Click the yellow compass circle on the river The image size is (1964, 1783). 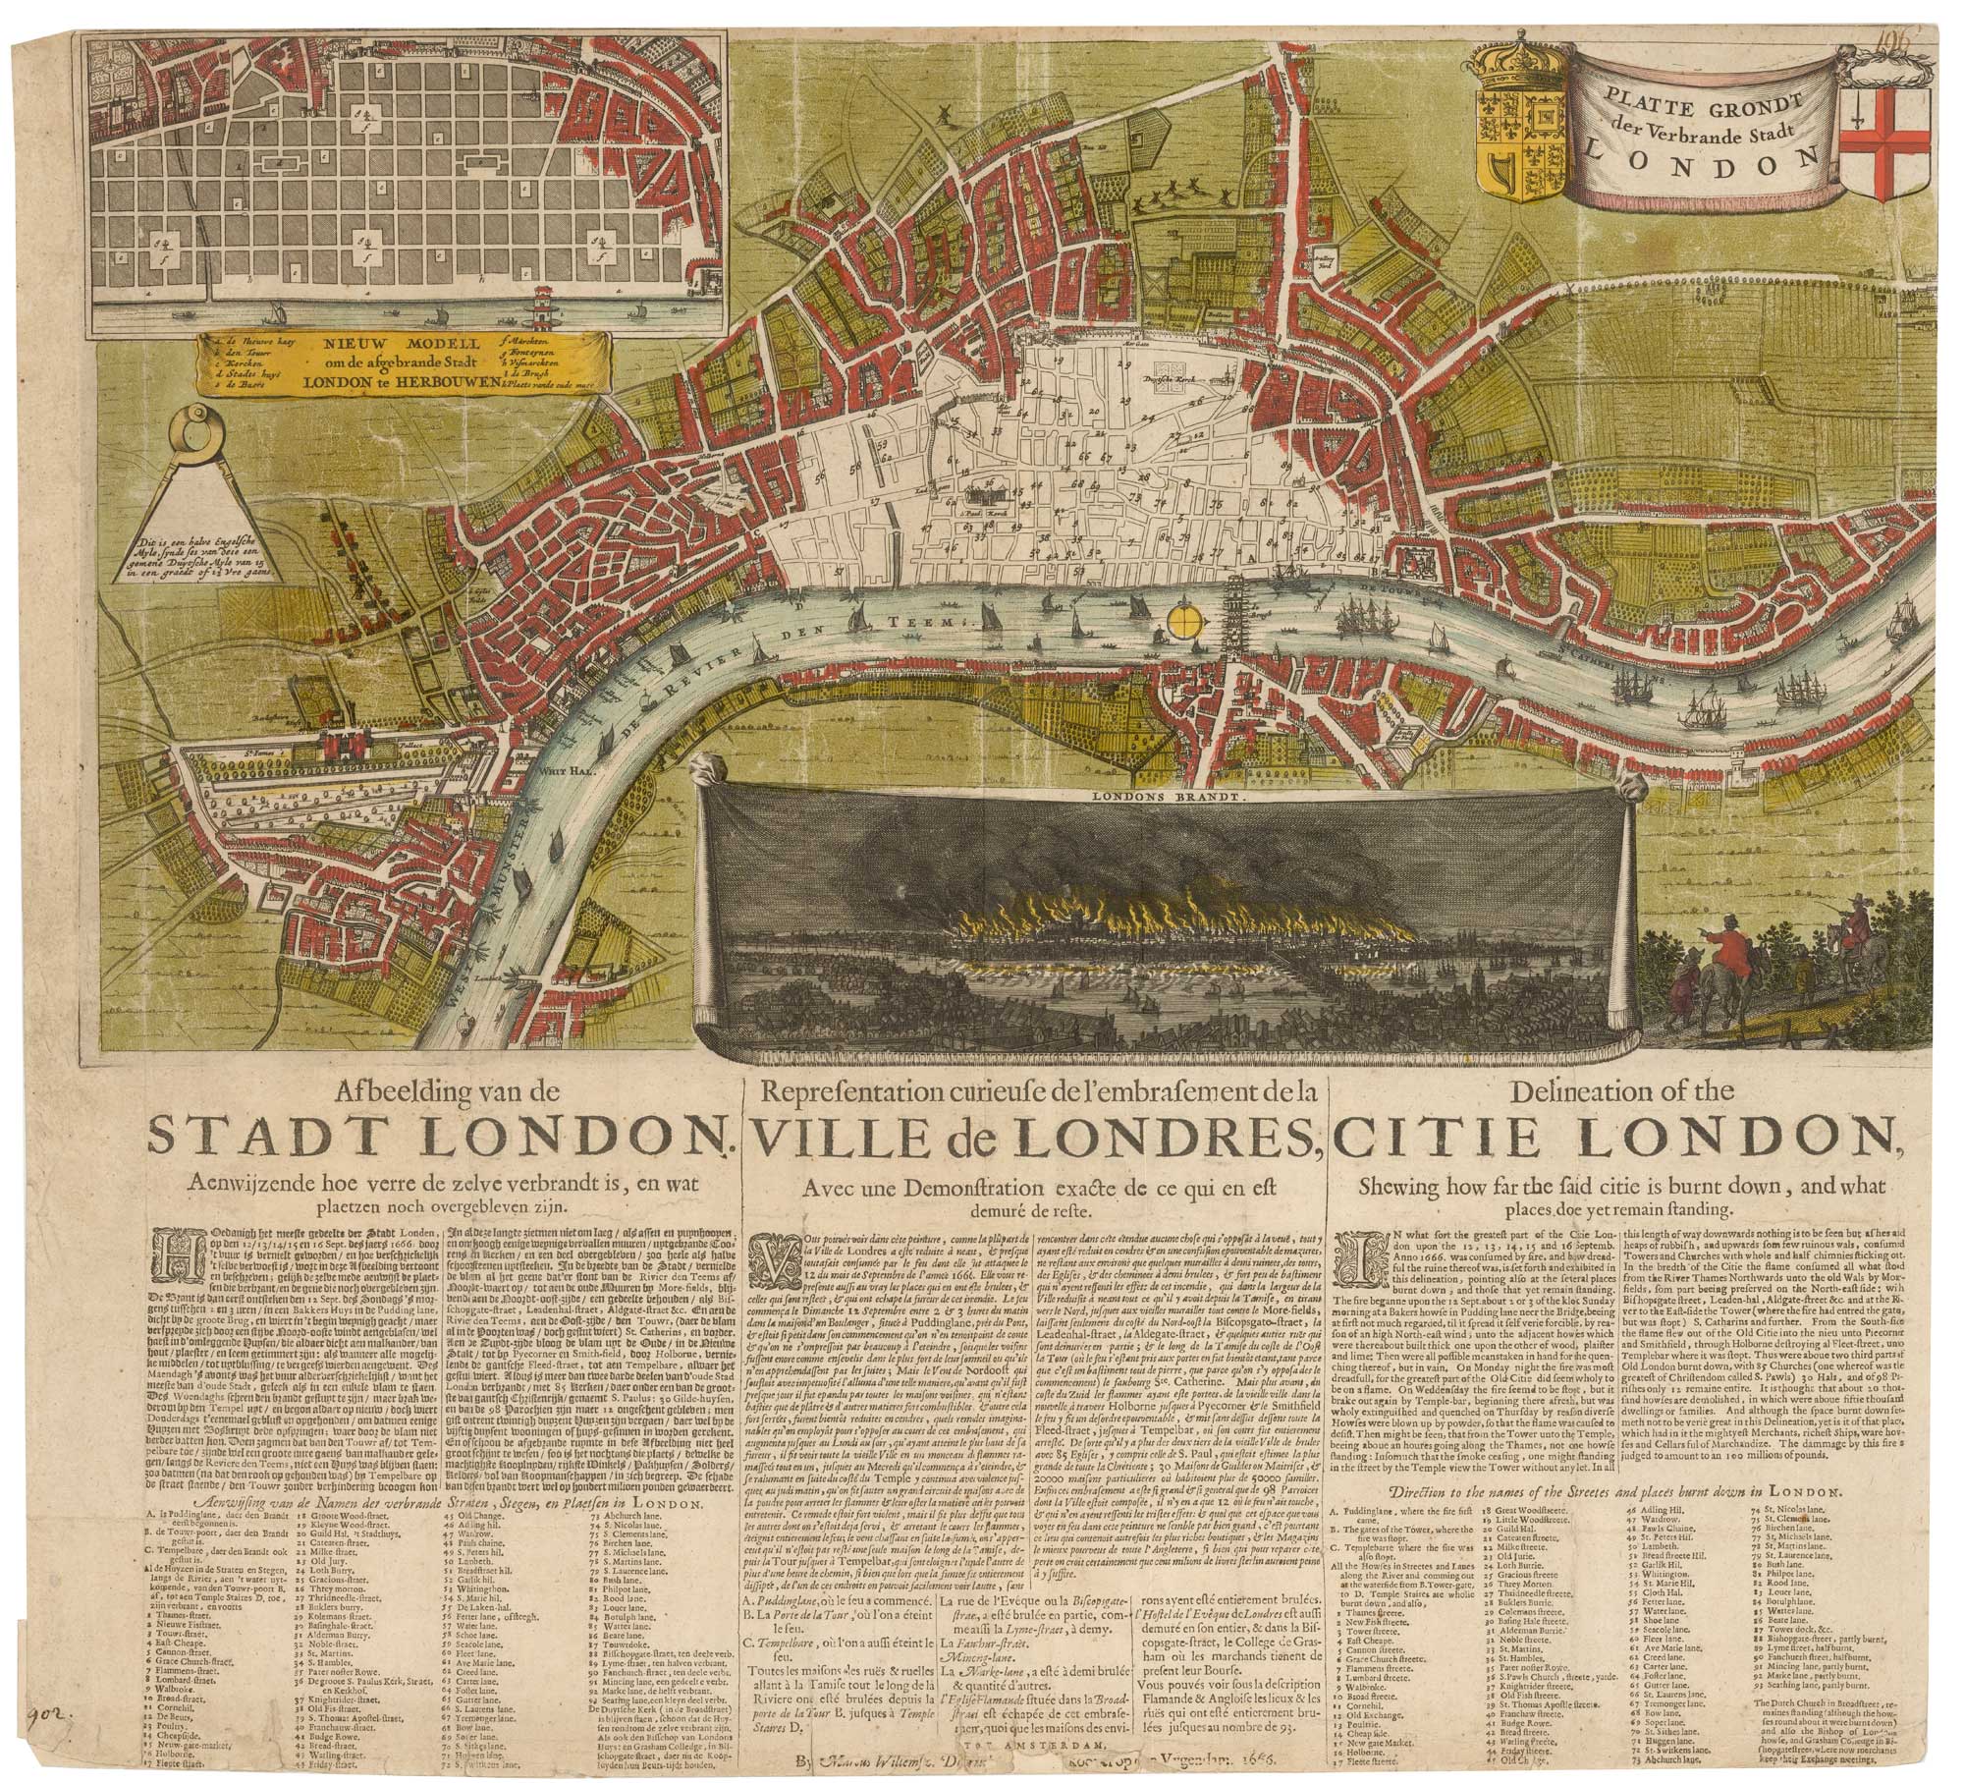[x=1185, y=621]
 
